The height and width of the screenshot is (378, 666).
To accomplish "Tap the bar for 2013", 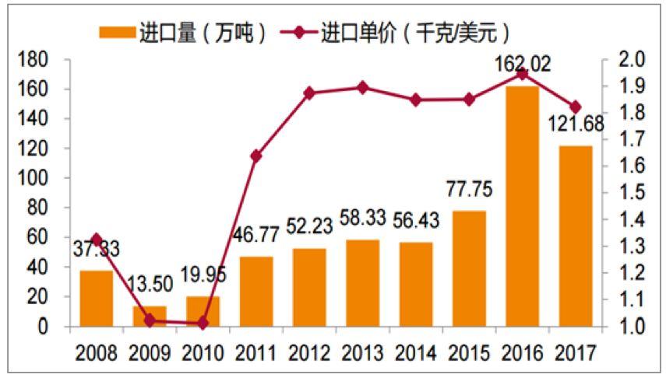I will tap(363, 283).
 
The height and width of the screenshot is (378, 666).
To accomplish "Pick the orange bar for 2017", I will tap(576, 236).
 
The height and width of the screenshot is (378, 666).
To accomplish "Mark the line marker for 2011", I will tap(256, 156).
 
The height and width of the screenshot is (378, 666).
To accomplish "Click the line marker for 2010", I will tap(203, 323).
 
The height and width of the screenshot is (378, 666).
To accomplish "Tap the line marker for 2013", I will tap(363, 87).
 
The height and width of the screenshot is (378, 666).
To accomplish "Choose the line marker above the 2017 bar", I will tap(576, 107).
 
